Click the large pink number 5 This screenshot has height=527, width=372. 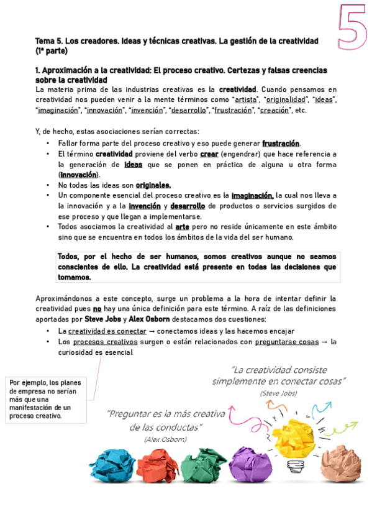point(352,26)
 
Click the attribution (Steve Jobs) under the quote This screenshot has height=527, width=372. point(279,393)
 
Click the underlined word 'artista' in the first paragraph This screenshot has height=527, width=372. point(246,99)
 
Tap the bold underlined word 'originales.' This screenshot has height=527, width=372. point(153,185)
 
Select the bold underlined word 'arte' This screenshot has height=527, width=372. point(183,227)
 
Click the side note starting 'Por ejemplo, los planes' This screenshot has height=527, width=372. point(46,399)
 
